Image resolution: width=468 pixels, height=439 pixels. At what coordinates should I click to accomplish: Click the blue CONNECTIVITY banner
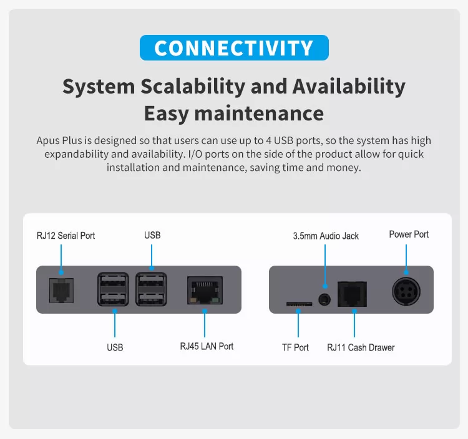(234, 48)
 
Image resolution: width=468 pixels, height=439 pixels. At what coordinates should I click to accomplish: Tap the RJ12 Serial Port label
(66, 236)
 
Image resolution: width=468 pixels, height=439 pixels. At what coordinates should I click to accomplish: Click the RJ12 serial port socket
(61, 291)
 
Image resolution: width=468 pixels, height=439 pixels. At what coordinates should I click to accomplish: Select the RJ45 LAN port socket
(205, 290)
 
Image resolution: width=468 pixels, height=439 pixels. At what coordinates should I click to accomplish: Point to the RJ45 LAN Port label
(207, 346)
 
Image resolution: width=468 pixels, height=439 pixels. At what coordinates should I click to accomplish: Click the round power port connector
(406, 291)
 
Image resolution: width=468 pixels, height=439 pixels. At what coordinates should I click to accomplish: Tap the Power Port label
(409, 234)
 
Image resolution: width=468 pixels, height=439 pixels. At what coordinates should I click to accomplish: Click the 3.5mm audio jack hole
(324, 299)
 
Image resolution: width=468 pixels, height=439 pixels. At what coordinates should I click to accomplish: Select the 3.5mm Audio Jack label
(326, 236)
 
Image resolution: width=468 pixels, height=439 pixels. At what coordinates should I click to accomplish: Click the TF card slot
(299, 304)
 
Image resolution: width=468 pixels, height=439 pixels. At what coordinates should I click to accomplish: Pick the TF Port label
(295, 347)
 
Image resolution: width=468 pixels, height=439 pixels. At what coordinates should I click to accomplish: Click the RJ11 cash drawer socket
(352, 294)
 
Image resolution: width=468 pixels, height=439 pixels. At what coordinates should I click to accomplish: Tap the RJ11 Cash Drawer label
(361, 347)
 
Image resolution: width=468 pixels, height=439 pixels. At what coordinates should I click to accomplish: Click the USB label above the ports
(152, 235)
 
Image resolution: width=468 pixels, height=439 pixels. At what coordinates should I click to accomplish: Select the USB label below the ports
(115, 347)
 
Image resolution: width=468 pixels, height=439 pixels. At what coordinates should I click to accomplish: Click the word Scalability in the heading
(193, 86)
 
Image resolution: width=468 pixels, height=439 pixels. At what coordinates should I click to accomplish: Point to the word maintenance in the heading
(259, 113)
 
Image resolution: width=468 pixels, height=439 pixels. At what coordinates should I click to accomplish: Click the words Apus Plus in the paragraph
(59, 140)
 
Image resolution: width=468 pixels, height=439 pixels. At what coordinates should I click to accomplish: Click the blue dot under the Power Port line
(406, 273)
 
